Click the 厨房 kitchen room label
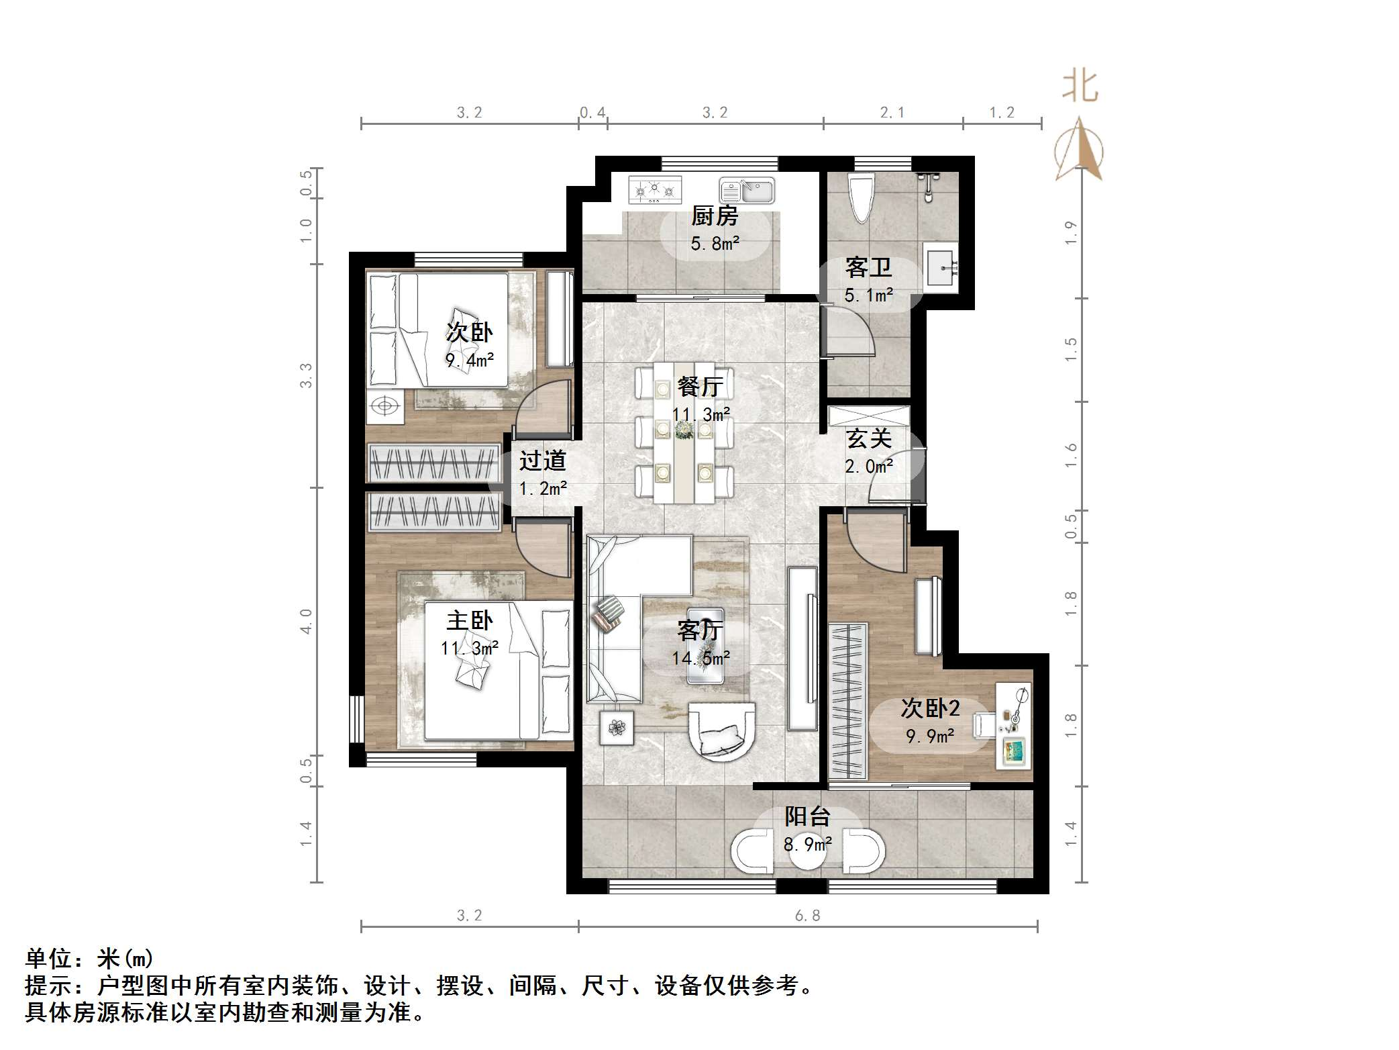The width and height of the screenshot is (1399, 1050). tap(715, 216)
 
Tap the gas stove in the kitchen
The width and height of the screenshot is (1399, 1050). tap(655, 189)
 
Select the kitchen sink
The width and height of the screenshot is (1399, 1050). tap(747, 190)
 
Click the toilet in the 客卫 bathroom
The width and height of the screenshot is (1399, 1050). tap(861, 197)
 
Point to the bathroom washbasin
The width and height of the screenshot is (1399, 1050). tap(941, 267)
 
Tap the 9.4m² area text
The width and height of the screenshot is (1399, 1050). tap(470, 361)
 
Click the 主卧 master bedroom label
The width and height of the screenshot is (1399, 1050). tap(470, 620)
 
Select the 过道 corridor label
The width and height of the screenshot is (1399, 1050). tap(543, 461)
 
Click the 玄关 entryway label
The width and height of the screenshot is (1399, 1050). tap(869, 438)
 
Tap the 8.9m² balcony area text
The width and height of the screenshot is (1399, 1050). tap(808, 845)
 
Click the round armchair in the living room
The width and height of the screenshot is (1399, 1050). tap(722, 732)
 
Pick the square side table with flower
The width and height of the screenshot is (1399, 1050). tap(617, 727)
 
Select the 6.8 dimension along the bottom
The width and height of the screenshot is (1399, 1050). tap(807, 916)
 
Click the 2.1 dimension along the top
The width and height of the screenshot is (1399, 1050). tap(892, 113)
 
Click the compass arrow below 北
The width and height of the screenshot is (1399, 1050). tap(1079, 151)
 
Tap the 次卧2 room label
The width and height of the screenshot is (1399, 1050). tap(931, 708)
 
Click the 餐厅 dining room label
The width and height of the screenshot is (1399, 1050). tap(700, 386)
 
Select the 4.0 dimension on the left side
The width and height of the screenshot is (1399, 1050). tap(306, 621)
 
